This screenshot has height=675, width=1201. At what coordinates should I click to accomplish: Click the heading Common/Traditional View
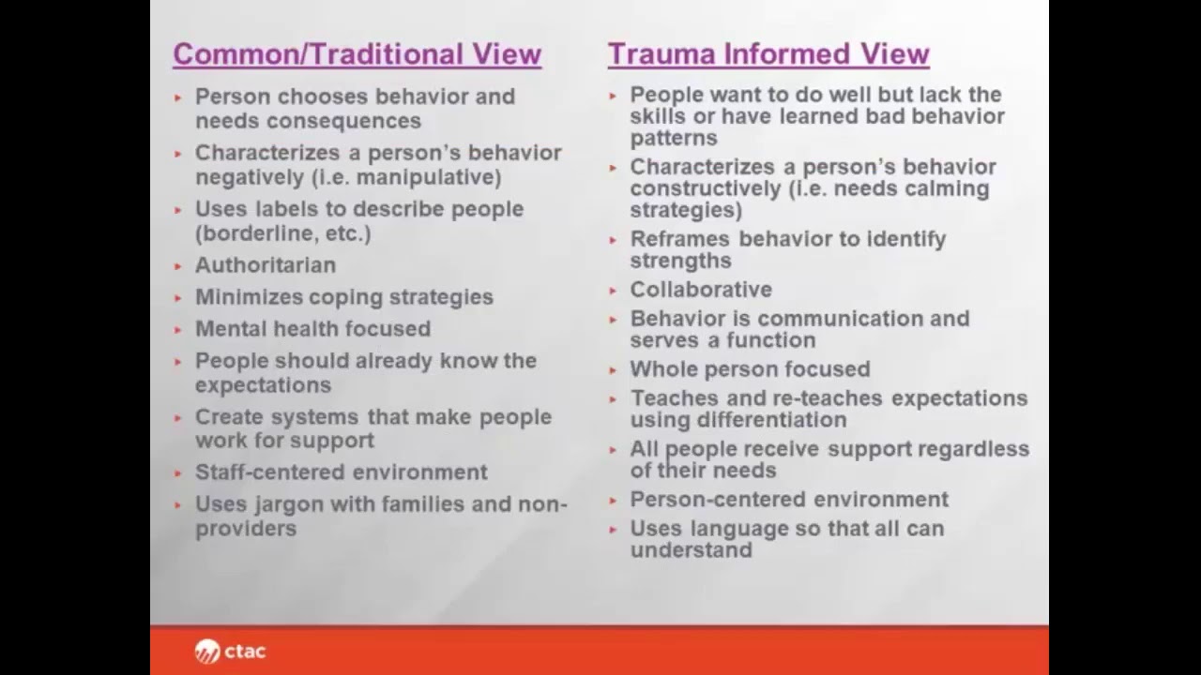[x=357, y=54]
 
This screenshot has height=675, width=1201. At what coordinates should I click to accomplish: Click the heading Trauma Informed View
[x=768, y=54]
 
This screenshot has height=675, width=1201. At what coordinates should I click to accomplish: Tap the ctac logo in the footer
[x=231, y=651]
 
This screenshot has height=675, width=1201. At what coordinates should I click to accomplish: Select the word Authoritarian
[x=265, y=265]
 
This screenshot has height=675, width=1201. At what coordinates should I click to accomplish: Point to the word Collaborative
[x=701, y=290]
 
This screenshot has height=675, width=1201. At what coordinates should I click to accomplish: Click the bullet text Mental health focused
[x=312, y=329]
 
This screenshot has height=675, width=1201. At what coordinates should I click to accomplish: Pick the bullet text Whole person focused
[x=750, y=369]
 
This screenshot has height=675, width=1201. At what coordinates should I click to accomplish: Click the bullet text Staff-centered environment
[x=341, y=472]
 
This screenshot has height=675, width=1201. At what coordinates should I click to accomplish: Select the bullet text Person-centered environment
[x=788, y=500]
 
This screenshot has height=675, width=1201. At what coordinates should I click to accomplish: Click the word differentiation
[x=738, y=420]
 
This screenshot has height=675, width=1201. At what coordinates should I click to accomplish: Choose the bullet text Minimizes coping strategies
[x=343, y=297]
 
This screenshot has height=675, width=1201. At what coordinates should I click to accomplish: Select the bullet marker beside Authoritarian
[x=178, y=266]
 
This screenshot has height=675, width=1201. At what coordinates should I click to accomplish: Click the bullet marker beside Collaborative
[x=613, y=291]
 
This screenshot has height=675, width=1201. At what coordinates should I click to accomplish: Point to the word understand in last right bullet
[x=691, y=550]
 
